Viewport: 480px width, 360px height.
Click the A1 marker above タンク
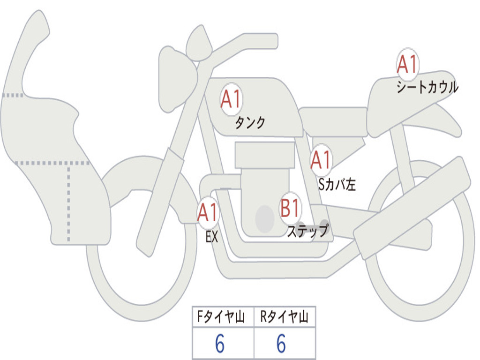(231, 99)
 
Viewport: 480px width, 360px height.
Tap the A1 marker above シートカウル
(407, 64)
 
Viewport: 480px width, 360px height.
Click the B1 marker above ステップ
(290, 208)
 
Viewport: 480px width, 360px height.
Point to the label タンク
(250, 123)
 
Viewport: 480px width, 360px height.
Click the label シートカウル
(427, 87)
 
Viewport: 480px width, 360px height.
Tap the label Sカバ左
(337, 185)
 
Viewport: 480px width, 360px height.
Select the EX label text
(212, 237)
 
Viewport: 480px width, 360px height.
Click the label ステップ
(307, 231)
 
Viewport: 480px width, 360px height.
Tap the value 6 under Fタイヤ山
(220, 345)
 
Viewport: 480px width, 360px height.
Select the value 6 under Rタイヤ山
(281, 345)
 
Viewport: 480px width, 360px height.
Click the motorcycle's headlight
(175, 78)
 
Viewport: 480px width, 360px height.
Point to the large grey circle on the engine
(265, 218)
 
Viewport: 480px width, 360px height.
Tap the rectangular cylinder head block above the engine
(265, 155)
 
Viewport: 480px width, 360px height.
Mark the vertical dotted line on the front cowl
(69, 202)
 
